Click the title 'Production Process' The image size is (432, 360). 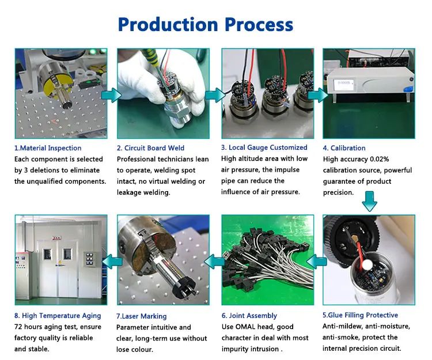click(206, 24)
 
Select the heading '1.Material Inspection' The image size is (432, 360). click(48, 148)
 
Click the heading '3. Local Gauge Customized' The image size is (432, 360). click(264, 148)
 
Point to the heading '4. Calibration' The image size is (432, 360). click(344, 148)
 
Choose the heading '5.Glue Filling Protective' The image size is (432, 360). click(361, 315)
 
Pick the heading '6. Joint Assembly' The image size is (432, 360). click(249, 316)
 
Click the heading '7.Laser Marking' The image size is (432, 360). click(142, 316)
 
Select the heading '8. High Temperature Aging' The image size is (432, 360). click(58, 316)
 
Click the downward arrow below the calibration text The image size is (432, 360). click(369, 202)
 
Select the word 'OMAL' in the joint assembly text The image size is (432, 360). click(248, 327)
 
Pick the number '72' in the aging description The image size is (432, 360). click(19, 327)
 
